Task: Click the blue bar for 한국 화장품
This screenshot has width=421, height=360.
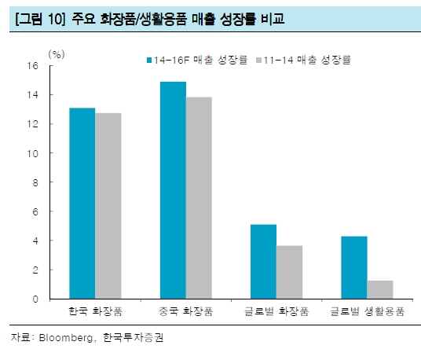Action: coord(82,203)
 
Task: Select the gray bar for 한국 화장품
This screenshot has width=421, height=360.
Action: coord(108,206)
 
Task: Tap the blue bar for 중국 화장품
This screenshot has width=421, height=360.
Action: coord(173,190)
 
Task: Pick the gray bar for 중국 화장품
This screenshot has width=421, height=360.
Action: coord(199,197)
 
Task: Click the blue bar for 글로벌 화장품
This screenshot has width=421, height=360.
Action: coord(263,262)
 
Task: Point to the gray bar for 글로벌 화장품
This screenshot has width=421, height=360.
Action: coord(289,272)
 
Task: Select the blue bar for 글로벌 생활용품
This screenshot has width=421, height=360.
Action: coord(353,267)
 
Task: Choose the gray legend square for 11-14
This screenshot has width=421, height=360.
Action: coord(258,59)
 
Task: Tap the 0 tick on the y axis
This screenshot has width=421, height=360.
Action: coord(35,299)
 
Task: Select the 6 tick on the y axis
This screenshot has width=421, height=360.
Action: coord(35,211)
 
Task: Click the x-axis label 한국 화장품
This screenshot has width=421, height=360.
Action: coord(95,312)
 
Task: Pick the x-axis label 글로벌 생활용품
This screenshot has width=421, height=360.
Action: coord(367,312)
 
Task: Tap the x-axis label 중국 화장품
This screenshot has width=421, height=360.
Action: coord(185,312)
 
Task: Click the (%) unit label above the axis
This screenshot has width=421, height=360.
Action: coord(57,53)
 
